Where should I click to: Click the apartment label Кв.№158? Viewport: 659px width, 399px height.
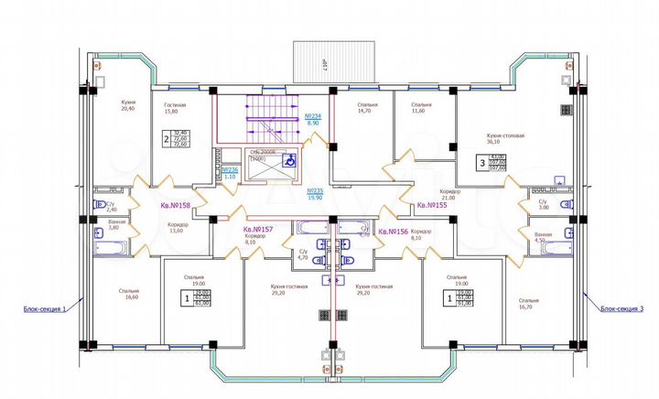(174, 206)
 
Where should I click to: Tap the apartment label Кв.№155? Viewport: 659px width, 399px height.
(430, 206)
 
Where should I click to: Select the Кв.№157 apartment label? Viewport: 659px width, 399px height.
(259, 230)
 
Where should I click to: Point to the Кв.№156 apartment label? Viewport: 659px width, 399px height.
(394, 232)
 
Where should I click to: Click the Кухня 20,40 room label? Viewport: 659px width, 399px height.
(128, 104)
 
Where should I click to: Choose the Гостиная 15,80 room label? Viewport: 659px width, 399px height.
(175, 109)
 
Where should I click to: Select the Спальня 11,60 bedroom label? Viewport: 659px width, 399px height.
(421, 109)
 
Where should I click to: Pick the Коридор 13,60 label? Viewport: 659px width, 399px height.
(178, 227)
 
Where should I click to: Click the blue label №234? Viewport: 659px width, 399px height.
(311, 119)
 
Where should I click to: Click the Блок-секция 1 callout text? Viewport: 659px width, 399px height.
(46, 309)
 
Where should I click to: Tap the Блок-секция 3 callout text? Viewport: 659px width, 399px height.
(622, 309)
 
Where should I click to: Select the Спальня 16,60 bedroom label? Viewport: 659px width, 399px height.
(128, 295)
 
